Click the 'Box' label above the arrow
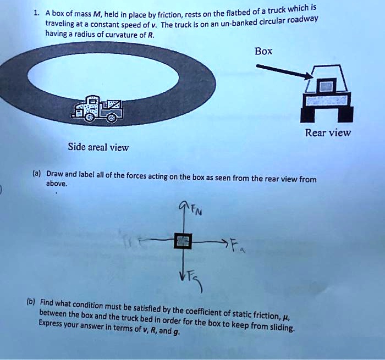[x=263, y=51]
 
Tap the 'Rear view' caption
[x=328, y=132]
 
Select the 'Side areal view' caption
[x=98, y=147]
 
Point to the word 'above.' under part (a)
[x=57, y=185]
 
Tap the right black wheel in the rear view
[x=344, y=113]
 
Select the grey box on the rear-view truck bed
[x=327, y=85]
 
